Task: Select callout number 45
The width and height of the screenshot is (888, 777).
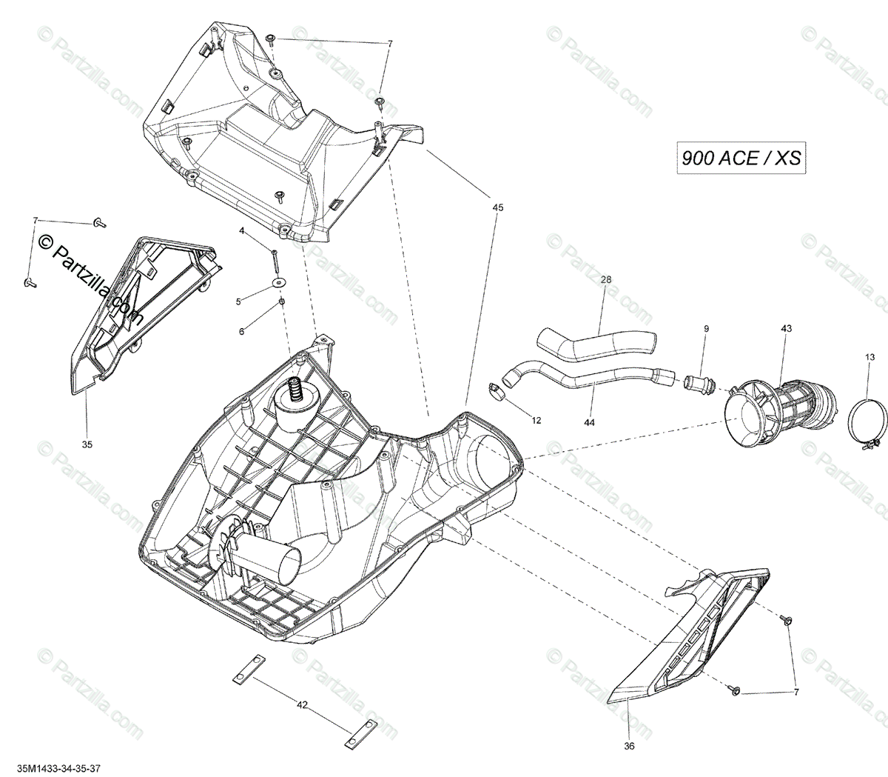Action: click(x=497, y=208)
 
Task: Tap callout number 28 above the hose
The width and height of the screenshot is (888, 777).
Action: click(x=606, y=280)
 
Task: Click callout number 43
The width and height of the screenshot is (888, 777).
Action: click(x=785, y=328)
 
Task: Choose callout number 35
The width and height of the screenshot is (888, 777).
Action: click(x=87, y=445)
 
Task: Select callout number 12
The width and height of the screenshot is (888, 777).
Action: click(x=536, y=420)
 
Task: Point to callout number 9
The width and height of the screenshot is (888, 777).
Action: click(x=705, y=328)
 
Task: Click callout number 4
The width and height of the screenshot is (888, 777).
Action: click(x=241, y=231)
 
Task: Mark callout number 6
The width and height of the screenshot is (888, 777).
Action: click(x=241, y=332)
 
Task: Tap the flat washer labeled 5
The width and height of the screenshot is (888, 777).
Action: click(x=280, y=282)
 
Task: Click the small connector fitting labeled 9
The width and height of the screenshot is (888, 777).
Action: click(x=697, y=384)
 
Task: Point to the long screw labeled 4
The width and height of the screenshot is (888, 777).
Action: click(x=275, y=260)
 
